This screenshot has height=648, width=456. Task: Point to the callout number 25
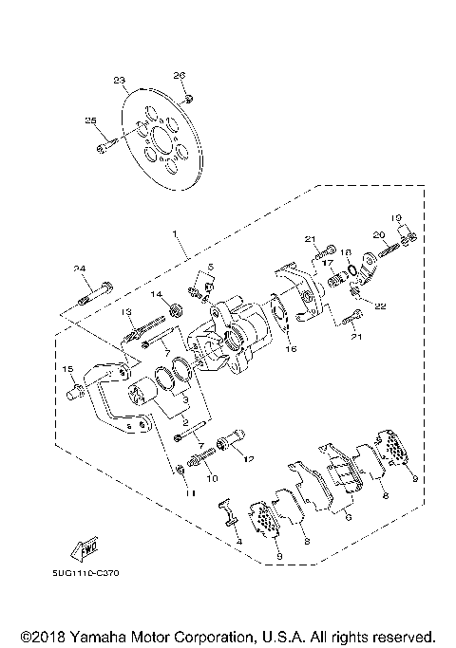coord(91,120)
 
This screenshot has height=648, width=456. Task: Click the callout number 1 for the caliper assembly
coord(174,232)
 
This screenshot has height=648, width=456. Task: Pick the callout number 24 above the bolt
coord(81,268)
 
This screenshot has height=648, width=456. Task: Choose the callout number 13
coord(123,312)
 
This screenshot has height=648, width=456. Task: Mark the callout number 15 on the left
coord(67,368)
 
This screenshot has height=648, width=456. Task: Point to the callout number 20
coord(378,234)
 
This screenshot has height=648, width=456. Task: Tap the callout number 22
coord(381,305)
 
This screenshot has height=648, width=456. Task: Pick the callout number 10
coord(212,479)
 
